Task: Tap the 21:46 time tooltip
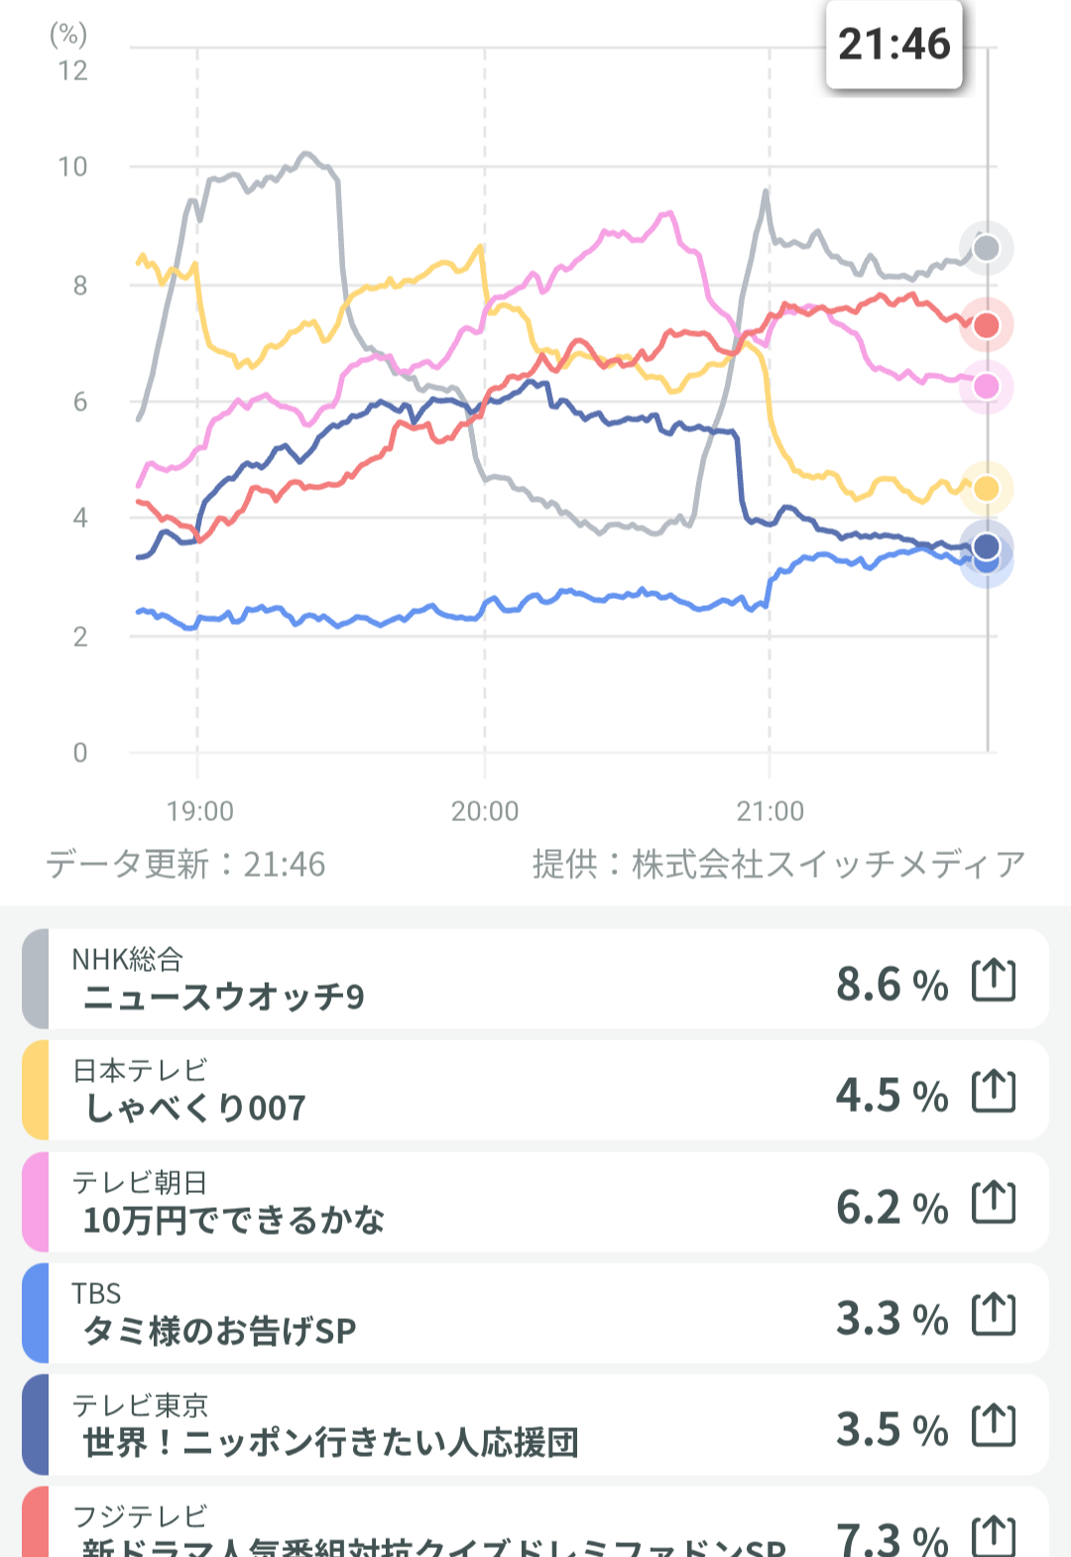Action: click(893, 46)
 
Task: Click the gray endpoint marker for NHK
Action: click(986, 248)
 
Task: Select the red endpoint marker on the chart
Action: click(986, 325)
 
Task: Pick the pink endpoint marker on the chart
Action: click(986, 386)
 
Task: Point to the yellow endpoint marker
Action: click(986, 488)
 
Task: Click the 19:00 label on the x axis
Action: click(199, 811)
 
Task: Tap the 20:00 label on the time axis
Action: click(485, 811)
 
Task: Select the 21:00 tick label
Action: click(770, 811)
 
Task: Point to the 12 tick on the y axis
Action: click(72, 71)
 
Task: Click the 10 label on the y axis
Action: click(72, 167)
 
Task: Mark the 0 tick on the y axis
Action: click(80, 753)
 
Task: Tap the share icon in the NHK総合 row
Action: click(994, 981)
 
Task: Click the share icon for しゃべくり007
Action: click(994, 1092)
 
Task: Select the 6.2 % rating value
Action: click(892, 1208)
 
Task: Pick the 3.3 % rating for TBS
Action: click(892, 1319)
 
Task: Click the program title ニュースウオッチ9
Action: click(224, 997)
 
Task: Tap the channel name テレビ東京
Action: click(140, 1405)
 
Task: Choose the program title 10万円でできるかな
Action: click(233, 1220)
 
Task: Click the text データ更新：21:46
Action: click(185, 865)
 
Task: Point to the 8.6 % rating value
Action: click(892, 985)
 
